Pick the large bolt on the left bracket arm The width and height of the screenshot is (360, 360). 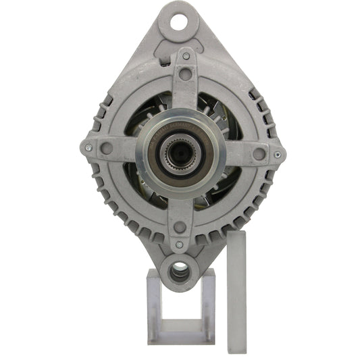click(x=105, y=147)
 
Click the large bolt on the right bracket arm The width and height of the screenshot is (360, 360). click(x=259, y=153)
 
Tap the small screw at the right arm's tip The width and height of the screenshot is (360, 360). click(x=277, y=155)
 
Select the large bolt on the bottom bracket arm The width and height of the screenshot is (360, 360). click(x=179, y=227)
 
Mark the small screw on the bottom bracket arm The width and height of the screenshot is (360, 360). click(x=179, y=245)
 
